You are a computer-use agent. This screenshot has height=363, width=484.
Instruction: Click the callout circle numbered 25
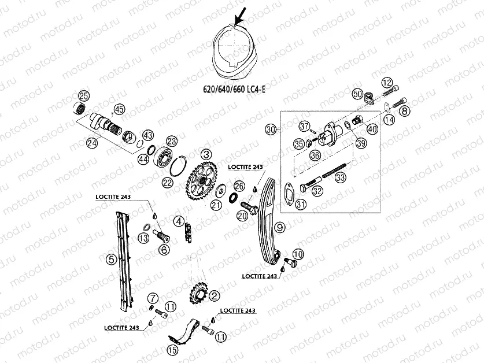(x=83, y=96)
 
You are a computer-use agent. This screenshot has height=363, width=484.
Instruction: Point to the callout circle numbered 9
(x=279, y=227)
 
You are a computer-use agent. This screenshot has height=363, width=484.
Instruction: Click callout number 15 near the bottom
(x=172, y=349)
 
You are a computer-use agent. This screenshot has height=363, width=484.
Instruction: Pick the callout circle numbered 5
(x=110, y=260)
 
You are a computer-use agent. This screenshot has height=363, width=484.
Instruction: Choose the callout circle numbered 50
(x=357, y=94)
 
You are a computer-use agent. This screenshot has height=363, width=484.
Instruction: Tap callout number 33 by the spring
(x=340, y=178)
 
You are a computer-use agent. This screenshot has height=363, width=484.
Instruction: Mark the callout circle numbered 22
(x=167, y=183)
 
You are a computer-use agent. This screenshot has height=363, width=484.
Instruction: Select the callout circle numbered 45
(x=119, y=109)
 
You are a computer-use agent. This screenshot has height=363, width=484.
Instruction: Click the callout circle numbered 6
(x=165, y=250)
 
